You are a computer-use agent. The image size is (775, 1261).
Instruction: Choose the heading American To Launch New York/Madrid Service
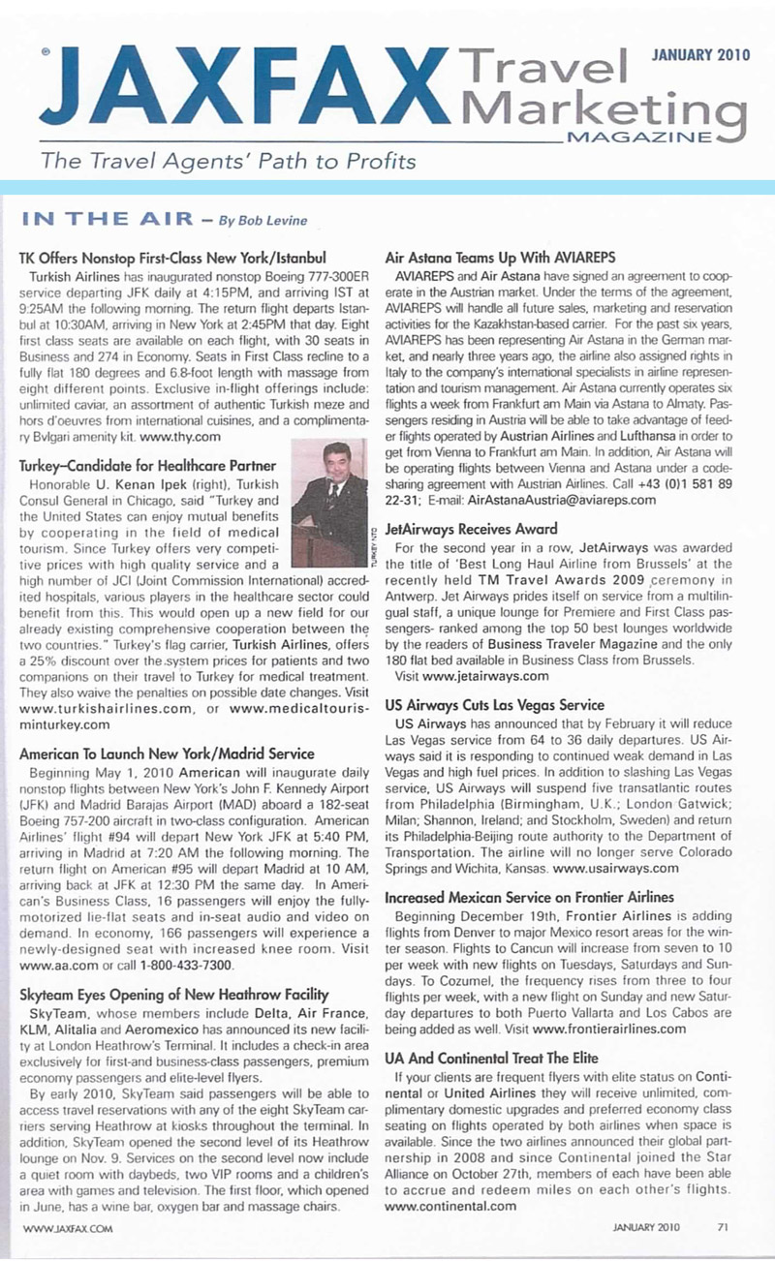click(x=167, y=754)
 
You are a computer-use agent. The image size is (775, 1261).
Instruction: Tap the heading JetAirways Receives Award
click(x=471, y=529)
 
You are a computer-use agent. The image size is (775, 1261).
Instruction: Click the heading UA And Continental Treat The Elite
click(x=491, y=1058)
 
